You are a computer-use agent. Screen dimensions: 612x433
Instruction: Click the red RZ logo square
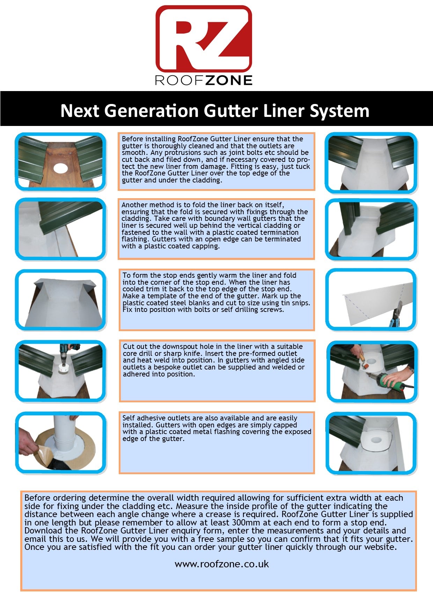(204, 38)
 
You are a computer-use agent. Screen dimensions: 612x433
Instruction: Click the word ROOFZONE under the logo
(204, 80)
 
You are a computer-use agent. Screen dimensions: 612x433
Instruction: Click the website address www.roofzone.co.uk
(221, 564)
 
